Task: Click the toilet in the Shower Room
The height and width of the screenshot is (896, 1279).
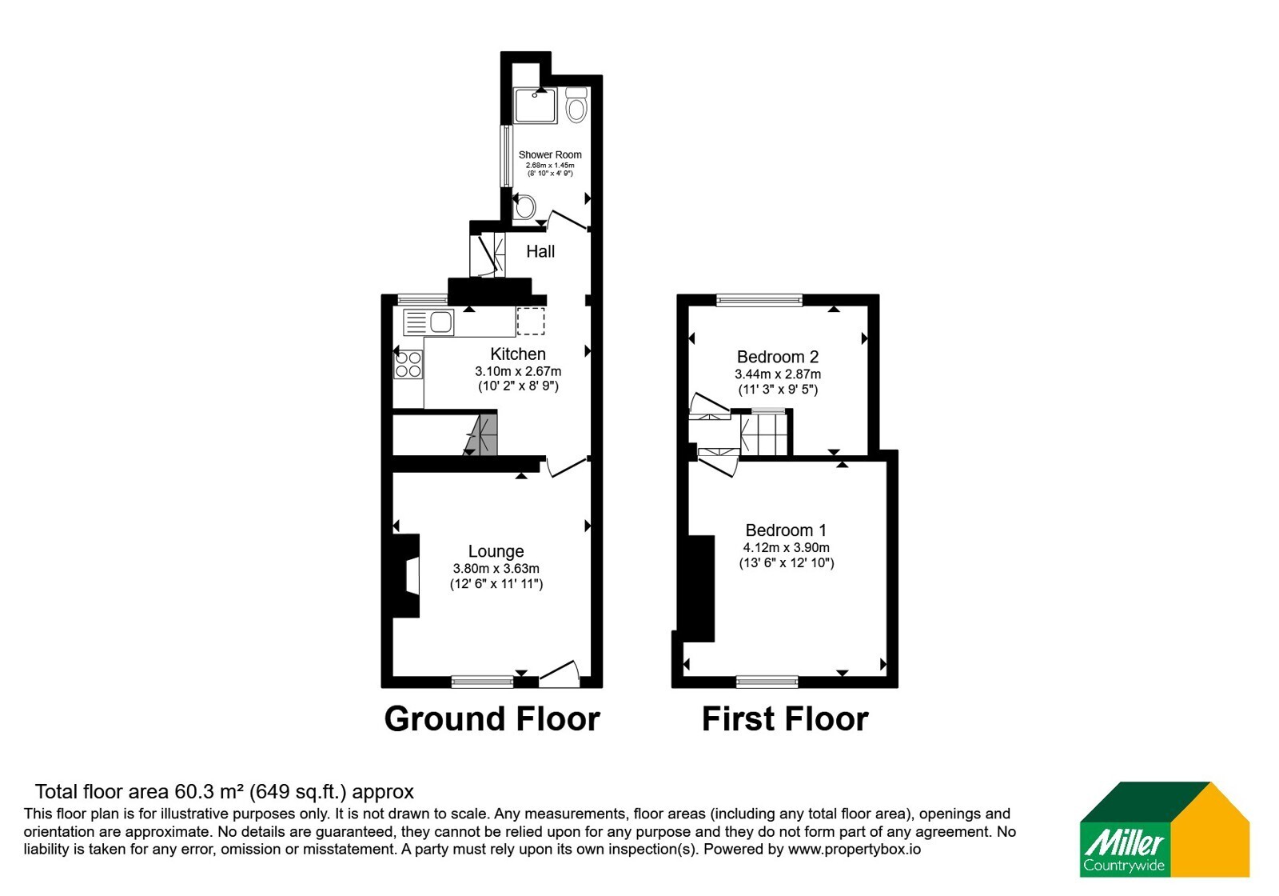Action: coord(576,105)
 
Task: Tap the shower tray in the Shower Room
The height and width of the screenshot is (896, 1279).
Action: coord(535,106)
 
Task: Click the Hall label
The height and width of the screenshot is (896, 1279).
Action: coord(540,251)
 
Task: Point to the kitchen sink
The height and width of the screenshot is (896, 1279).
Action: coord(428,322)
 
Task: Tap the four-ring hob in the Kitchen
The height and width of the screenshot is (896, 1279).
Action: coord(408,365)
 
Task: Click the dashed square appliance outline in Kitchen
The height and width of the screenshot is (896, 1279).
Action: coord(531,321)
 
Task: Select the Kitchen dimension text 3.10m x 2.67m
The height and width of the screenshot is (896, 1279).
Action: coord(518,371)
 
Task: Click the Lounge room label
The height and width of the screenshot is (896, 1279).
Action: coord(496,551)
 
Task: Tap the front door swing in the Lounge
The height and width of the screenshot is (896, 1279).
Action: coord(560,673)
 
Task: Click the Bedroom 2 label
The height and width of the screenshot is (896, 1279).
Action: coord(778,357)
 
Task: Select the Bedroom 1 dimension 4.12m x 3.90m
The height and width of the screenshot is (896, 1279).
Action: coord(787,547)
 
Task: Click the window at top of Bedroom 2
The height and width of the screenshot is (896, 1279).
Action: coord(759,299)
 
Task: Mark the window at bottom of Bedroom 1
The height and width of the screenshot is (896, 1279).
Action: coord(767,681)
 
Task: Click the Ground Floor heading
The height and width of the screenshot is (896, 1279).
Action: coord(492,719)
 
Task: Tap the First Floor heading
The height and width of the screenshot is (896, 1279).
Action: coord(785,719)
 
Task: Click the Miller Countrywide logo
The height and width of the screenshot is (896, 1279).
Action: coord(1164,829)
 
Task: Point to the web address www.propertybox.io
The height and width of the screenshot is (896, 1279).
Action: coord(855,849)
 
